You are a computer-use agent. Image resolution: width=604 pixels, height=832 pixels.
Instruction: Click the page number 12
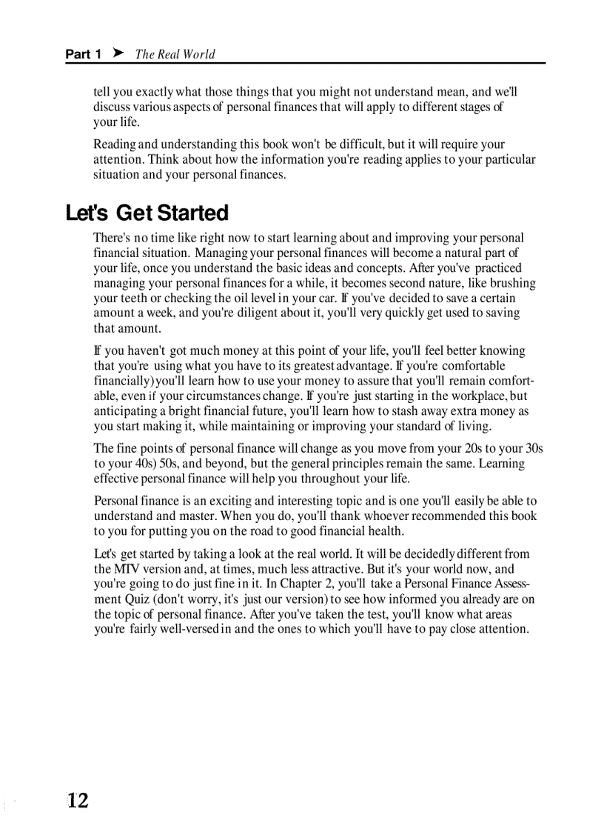[77, 800]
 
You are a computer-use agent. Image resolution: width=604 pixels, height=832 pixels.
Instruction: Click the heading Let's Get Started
[147, 213]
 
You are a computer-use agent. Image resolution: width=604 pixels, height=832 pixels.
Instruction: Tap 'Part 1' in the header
[83, 54]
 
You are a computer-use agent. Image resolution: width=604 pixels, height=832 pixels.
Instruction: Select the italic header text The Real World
[175, 54]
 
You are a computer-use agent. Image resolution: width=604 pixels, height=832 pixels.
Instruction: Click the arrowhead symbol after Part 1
[117, 53]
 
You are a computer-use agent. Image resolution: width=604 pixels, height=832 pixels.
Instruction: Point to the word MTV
[124, 569]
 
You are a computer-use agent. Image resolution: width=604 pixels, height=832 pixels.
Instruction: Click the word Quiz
[110, 599]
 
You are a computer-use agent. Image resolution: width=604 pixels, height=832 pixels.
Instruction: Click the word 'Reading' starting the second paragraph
[114, 144]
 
